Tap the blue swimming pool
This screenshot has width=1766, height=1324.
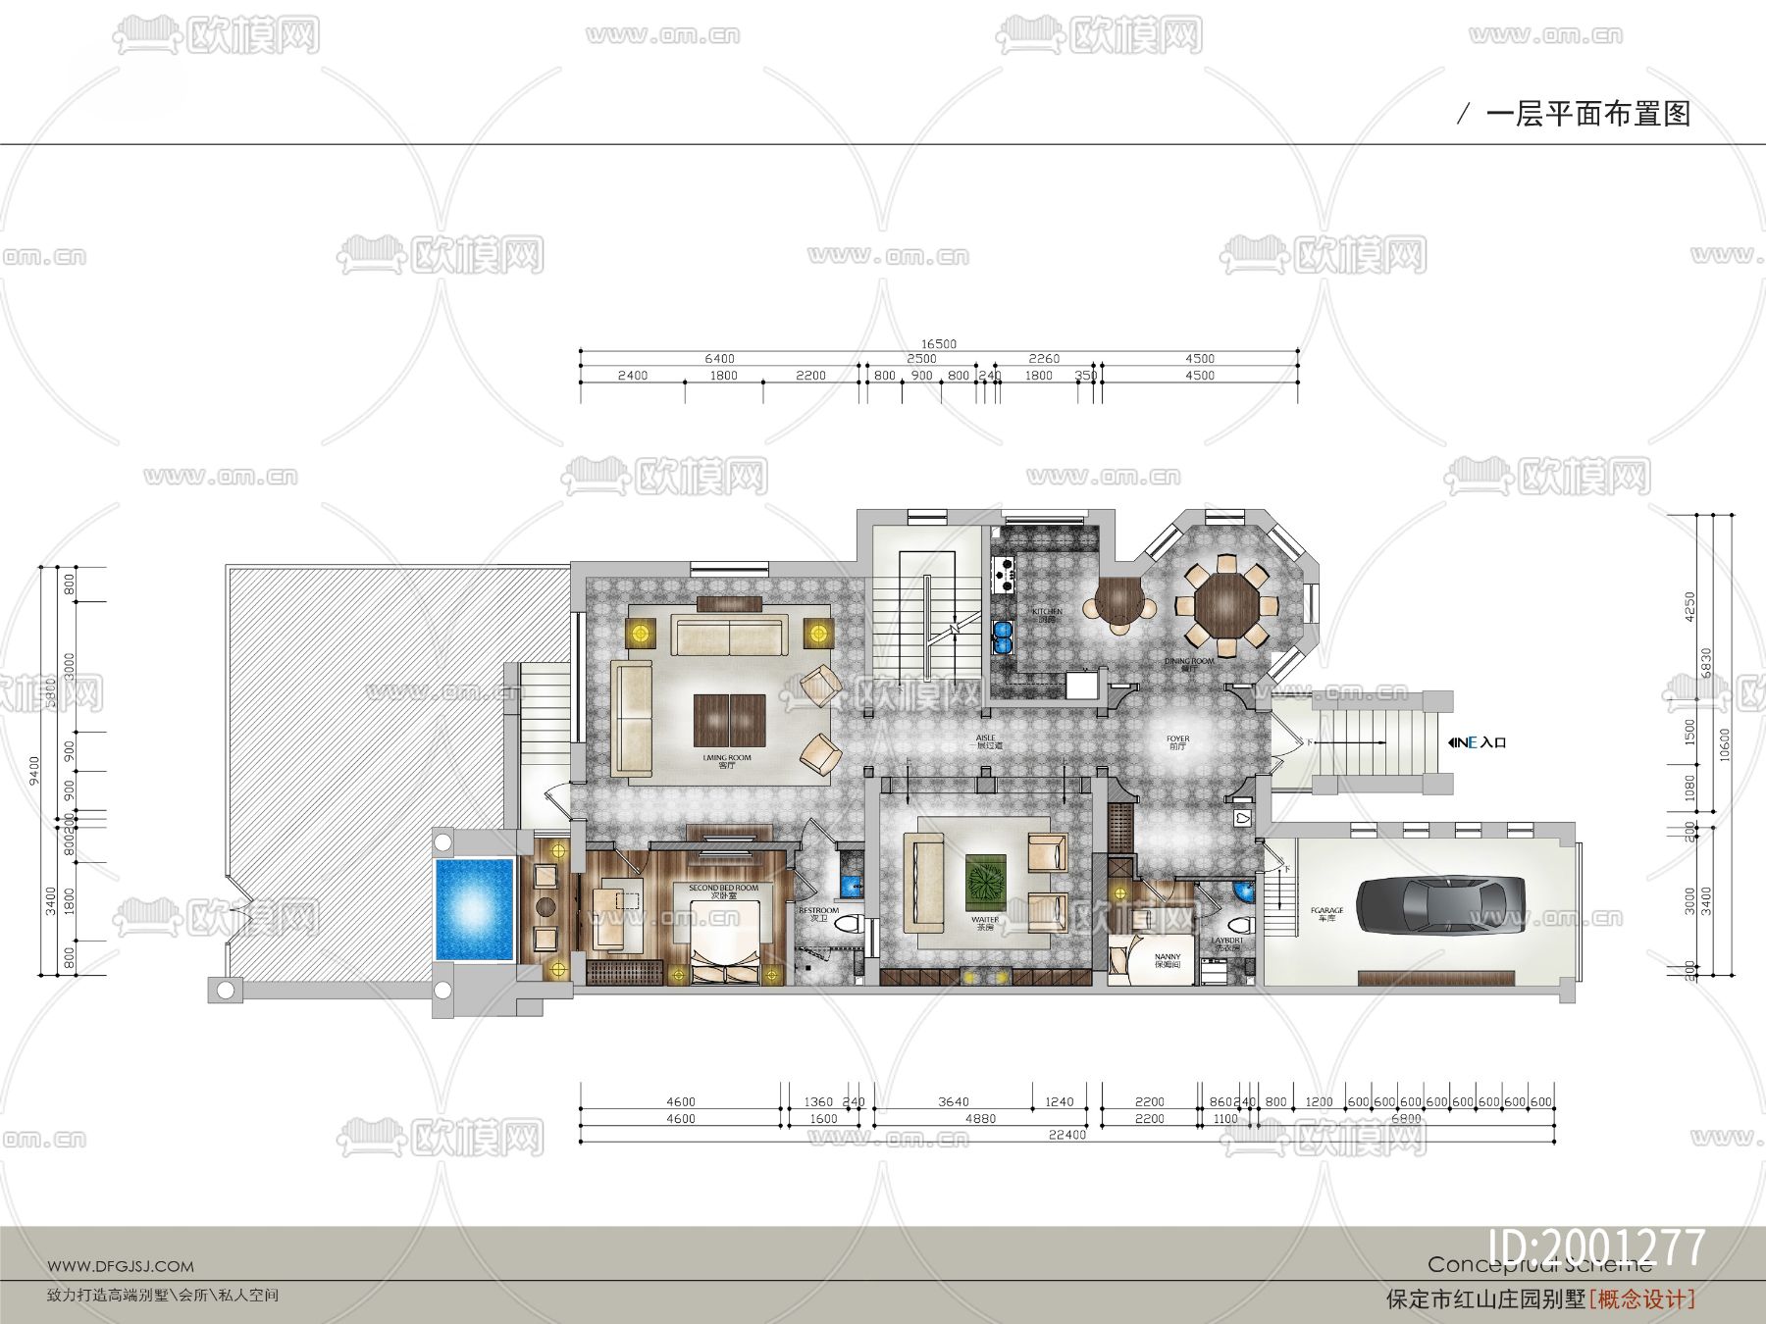point(474,909)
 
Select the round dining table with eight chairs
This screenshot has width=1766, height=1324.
point(1226,605)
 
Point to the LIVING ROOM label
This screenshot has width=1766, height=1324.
point(727,760)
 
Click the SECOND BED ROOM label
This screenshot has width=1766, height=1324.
point(723,891)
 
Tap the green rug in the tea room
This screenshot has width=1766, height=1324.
point(985,881)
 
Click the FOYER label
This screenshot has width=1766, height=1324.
point(1177,741)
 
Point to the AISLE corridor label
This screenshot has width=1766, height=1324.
point(985,740)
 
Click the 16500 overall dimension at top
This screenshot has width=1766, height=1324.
point(938,344)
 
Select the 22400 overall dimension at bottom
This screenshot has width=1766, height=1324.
point(1066,1135)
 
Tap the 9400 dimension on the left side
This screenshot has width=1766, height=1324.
point(35,769)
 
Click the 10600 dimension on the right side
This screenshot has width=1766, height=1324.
point(1725,743)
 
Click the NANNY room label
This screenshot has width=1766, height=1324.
point(1168,959)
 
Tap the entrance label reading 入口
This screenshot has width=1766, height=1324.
point(1493,742)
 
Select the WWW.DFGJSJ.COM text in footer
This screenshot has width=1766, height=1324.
point(121,1266)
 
